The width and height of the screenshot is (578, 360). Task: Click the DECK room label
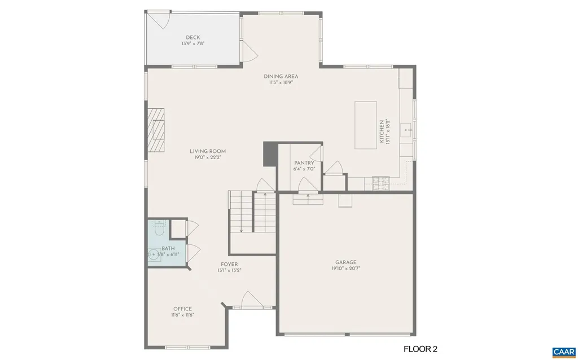click(192, 38)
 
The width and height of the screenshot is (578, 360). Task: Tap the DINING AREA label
click(281, 76)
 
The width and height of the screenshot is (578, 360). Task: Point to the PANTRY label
click(304, 163)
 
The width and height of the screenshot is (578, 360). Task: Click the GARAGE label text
click(345, 262)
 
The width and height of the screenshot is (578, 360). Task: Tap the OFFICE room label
click(182, 309)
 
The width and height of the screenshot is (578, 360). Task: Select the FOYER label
click(229, 264)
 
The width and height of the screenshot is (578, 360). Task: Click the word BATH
click(168, 248)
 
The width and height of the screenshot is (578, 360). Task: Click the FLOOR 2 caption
click(421, 349)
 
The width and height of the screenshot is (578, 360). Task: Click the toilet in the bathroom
click(158, 230)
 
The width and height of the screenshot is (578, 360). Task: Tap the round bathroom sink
click(154, 256)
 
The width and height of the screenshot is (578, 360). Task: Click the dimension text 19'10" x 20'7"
click(346, 269)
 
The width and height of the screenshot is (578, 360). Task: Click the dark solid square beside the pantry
click(269, 154)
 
